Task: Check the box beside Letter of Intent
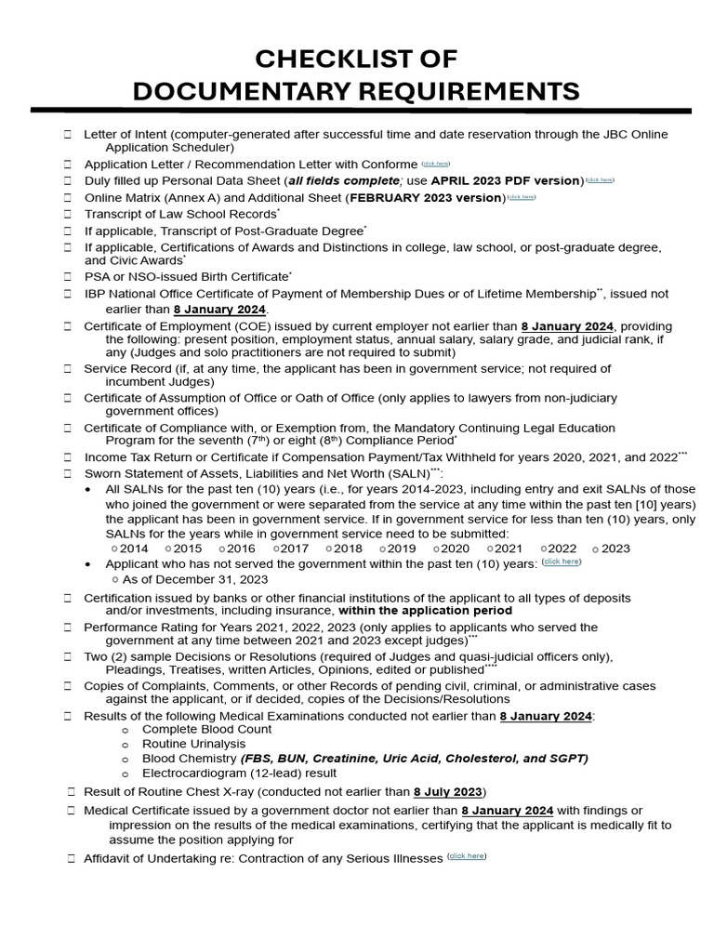click(68, 135)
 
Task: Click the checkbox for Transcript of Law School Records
click(68, 214)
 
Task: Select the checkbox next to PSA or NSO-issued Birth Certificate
click(68, 277)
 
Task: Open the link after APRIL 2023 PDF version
click(600, 179)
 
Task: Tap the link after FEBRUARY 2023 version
click(522, 197)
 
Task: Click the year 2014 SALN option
click(130, 549)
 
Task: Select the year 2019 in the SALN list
click(397, 549)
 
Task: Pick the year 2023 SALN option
click(612, 549)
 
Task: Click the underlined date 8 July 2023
click(449, 792)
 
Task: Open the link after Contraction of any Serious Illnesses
click(467, 856)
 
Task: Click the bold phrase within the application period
click(425, 611)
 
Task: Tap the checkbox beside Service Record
click(68, 369)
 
